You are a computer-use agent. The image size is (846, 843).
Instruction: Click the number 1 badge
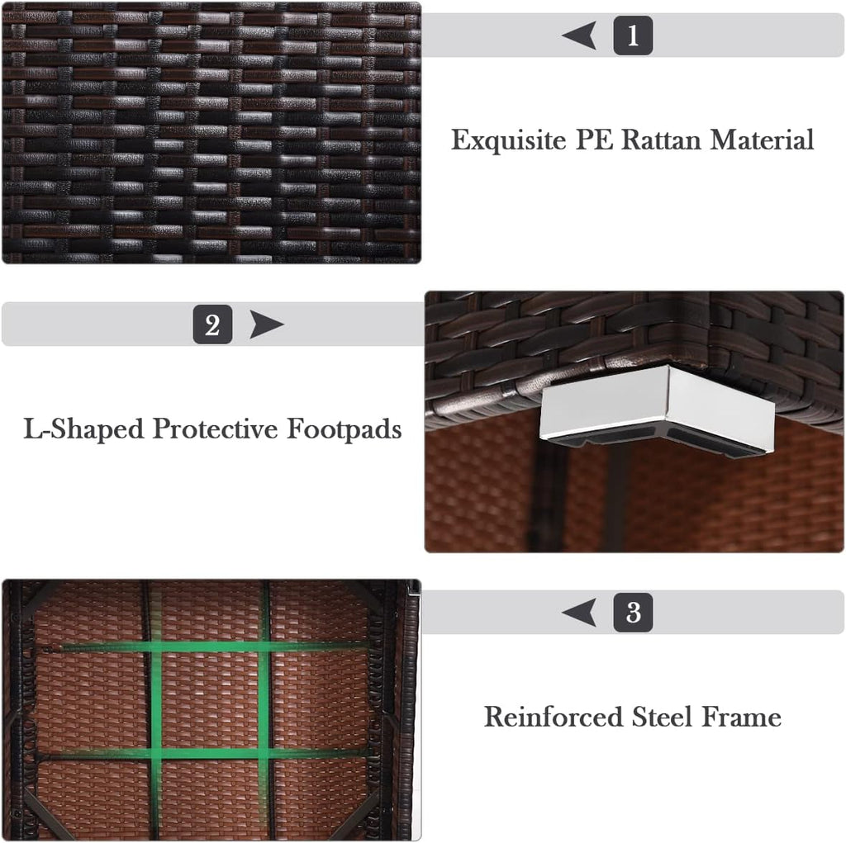(x=633, y=36)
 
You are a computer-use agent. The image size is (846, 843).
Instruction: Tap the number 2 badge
(x=212, y=324)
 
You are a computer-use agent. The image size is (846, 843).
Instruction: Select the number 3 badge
(x=633, y=612)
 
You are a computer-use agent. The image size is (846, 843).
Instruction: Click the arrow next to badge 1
(x=579, y=36)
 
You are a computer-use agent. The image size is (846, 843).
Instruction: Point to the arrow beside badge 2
(x=267, y=324)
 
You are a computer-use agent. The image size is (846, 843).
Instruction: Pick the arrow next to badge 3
(x=579, y=612)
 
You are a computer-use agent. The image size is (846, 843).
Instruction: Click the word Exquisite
(x=508, y=140)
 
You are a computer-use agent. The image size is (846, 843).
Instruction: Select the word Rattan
(x=662, y=140)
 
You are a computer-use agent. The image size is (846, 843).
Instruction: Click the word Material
(x=761, y=140)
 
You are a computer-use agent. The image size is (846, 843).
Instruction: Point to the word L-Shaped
(x=83, y=429)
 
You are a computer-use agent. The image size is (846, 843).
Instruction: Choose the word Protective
(x=215, y=429)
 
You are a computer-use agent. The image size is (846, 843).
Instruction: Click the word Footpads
(x=344, y=429)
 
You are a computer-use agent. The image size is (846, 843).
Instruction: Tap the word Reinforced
(x=553, y=717)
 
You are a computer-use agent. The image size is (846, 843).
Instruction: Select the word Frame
(x=741, y=717)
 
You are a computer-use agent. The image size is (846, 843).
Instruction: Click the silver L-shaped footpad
(x=657, y=404)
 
